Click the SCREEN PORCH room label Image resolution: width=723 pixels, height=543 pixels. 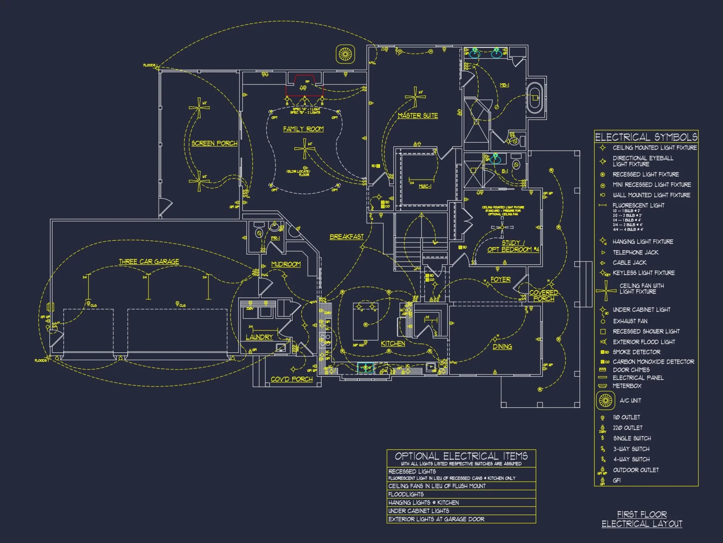tap(214, 143)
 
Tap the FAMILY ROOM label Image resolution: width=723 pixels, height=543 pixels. tap(303, 129)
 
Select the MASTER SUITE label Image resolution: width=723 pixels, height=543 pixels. tap(418, 115)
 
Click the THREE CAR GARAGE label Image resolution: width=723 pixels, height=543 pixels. tap(149, 261)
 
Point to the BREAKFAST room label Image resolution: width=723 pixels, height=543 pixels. tap(346, 236)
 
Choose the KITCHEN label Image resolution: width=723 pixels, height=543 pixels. tap(393, 343)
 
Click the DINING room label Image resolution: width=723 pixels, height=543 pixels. tap(502, 346)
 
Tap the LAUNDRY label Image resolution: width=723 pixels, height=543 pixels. tap(259, 337)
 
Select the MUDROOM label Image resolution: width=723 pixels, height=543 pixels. tap(286, 264)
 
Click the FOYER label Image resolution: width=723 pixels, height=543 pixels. tap(500, 279)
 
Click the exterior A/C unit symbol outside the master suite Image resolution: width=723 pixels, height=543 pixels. tap(345, 54)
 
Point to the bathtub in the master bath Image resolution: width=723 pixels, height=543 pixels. tap(534, 97)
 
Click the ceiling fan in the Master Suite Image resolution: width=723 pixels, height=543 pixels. tap(415, 97)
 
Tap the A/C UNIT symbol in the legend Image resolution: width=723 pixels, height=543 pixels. tap(606, 400)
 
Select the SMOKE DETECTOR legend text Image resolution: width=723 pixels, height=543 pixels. tap(636, 352)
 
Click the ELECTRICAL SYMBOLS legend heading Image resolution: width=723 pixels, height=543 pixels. tap(646, 137)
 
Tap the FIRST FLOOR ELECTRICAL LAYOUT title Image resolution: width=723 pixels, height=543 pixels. tap(642, 519)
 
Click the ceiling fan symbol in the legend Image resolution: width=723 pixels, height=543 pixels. tap(606, 291)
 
